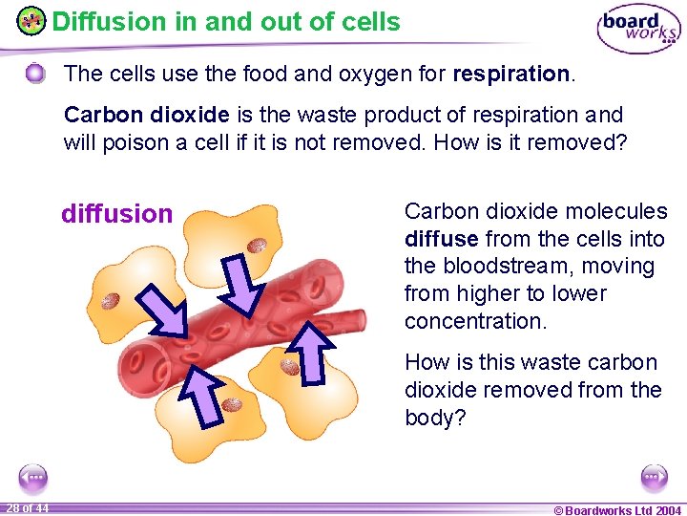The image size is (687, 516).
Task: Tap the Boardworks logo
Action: [637, 29]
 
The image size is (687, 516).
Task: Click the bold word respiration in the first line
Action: [512, 74]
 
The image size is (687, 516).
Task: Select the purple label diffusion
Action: [116, 213]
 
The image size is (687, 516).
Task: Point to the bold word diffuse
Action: [441, 239]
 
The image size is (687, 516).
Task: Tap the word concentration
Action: [475, 321]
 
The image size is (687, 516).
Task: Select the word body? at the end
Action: [435, 418]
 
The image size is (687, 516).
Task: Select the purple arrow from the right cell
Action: [310, 352]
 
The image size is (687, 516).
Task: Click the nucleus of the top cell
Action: [257, 246]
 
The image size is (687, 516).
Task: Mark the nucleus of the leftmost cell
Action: [112, 302]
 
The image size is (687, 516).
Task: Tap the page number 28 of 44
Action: [28, 507]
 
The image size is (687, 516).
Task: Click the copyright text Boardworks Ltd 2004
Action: [617, 510]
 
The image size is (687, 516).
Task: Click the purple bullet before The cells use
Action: [35, 74]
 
